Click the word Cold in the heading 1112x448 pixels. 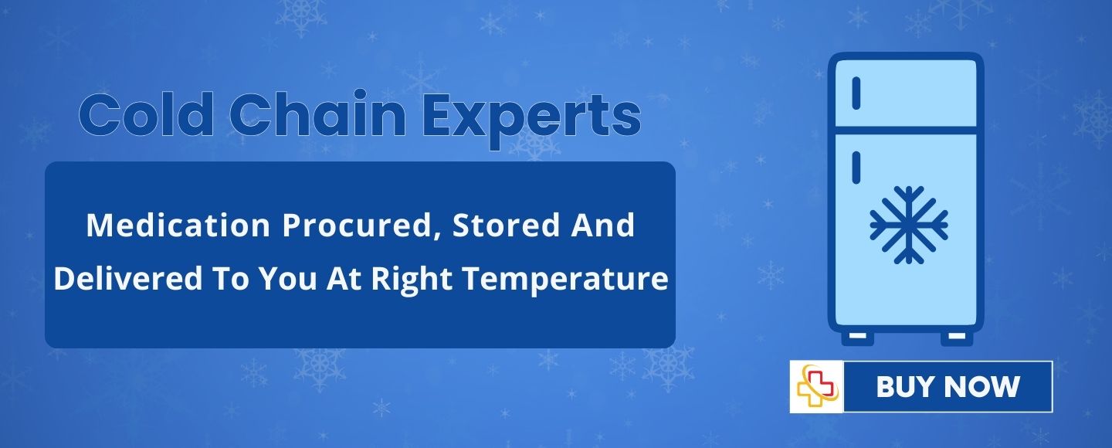pyautogui.click(x=147, y=114)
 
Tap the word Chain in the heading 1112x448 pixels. pyautogui.click(x=317, y=114)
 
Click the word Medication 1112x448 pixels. pyautogui.click(x=178, y=225)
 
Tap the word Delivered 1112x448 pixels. pyautogui.click(x=128, y=278)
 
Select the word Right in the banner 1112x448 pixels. pyautogui.click(x=412, y=280)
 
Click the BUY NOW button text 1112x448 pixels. pyautogui.click(x=948, y=386)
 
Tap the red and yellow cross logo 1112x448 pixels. pyautogui.click(x=817, y=386)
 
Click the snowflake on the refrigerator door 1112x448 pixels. pyautogui.click(x=909, y=225)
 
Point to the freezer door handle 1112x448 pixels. pyautogui.click(x=856, y=93)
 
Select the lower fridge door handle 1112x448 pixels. pyautogui.click(x=856, y=168)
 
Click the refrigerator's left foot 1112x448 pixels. pyautogui.click(x=857, y=338)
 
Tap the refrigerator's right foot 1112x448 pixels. pyautogui.click(x=957, y=338)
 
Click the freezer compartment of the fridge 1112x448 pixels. pyautogui.click(x=906, y=93)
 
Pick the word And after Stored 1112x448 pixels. pyautogui.click(x=602, y=225)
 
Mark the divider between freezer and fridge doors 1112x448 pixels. pyautogui.click(x=906, y=130)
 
